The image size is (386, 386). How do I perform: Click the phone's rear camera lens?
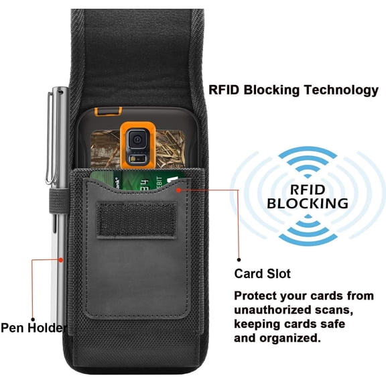(137, 139)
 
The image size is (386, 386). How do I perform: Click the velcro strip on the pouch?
(137, 220)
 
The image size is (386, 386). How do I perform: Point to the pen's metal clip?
(50, 138)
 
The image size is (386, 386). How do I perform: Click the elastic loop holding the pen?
(58, 200)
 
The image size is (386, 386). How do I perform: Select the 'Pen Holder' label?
(34, 328)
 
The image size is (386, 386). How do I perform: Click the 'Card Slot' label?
(263, 273)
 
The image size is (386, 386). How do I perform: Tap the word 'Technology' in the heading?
(341, 90)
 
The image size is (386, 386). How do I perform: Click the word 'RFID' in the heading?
(224, 90)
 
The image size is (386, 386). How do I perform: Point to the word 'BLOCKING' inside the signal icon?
(308, 204)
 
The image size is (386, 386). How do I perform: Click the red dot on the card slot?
(179, 190)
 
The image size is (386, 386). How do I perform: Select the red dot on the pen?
(61, 260)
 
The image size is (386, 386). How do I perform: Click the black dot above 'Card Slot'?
(239, 259)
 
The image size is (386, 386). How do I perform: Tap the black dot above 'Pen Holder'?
(33, 319)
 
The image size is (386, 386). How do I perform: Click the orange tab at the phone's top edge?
(109, 111)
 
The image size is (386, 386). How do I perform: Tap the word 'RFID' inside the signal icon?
(308, 190)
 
